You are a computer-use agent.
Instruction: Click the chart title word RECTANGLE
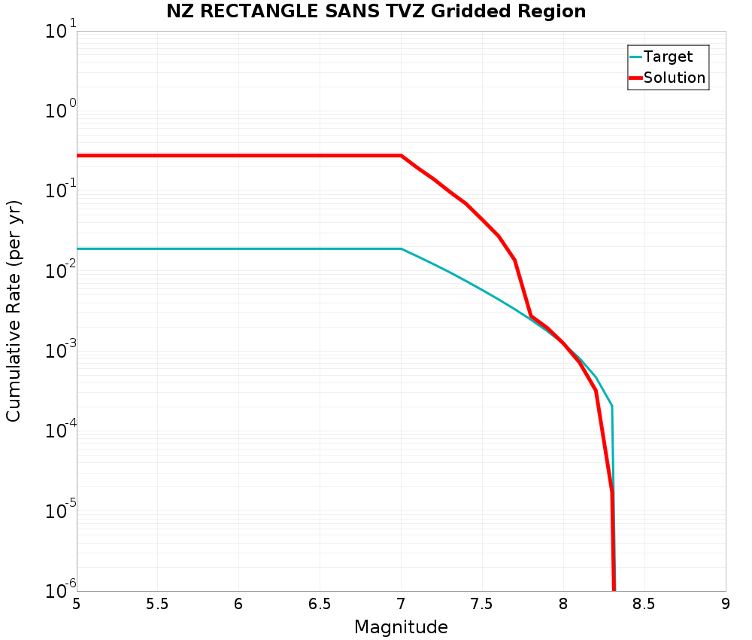(263, 11)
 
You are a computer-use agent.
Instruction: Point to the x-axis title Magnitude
(401, 627)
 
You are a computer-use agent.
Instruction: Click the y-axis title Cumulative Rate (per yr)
(14, 311)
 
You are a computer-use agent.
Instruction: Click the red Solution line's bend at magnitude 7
(401, 156)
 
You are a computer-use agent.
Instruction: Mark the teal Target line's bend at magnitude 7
(401, 248)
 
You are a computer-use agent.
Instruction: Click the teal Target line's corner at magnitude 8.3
(612, 406)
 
